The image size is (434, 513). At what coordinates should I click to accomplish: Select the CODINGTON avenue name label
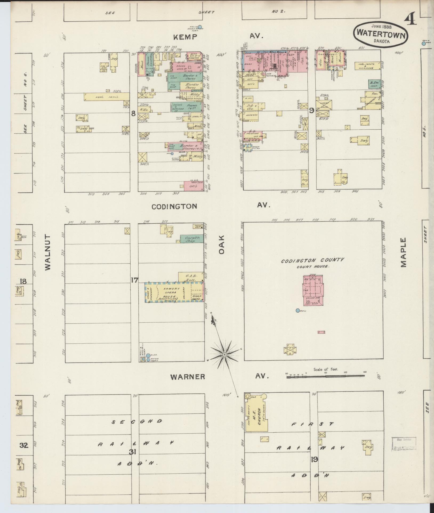174,206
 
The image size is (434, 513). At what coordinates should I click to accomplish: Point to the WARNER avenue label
188,377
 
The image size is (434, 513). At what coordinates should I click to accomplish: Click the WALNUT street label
47,252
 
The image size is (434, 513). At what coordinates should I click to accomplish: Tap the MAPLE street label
403,252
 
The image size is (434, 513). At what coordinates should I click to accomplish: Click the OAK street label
222,244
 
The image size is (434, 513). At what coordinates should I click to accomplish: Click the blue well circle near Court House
298,310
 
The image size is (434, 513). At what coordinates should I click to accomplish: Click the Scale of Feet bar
325,376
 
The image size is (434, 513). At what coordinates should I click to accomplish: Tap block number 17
135,280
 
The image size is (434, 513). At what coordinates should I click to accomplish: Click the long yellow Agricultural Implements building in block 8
107,97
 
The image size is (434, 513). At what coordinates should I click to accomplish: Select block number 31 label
132,452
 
